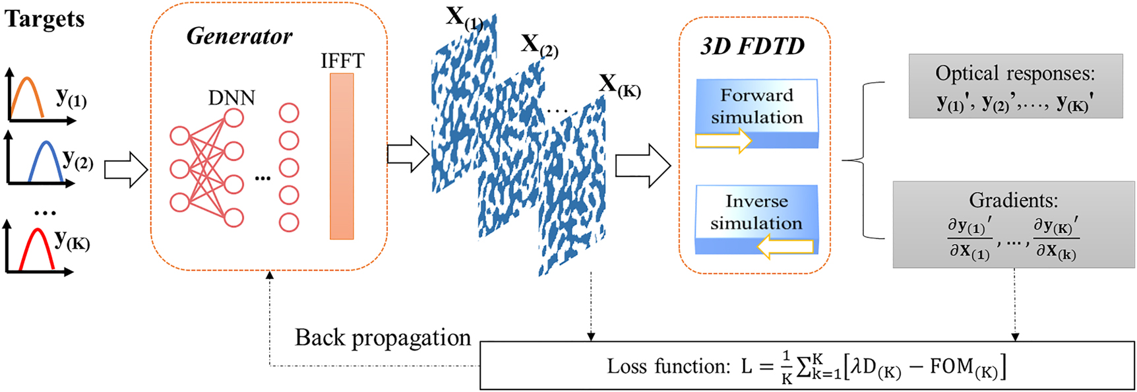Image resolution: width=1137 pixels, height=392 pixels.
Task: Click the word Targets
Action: pos(45,18)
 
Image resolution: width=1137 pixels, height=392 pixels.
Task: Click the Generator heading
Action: pos(239,36)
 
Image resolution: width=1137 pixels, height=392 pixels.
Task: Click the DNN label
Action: pos(231,98)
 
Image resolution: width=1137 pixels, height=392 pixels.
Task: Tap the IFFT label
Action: pos(342,61)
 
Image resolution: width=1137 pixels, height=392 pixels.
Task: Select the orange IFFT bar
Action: pos(342,156)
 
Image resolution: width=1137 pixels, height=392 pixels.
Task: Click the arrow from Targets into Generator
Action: pos(125,170)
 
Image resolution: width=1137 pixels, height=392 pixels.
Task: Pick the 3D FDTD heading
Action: pos(753,46)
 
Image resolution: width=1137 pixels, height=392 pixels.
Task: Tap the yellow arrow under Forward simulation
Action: pos(723,140)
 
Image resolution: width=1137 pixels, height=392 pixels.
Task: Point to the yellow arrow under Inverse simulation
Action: pos(785,247)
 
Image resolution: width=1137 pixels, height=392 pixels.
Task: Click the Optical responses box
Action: pos(1015,86)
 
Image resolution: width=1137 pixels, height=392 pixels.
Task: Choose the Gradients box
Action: pos(1013,225)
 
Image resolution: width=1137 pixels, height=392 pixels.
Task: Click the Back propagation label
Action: pos(383,338)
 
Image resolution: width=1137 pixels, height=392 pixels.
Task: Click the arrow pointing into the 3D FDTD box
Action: pos(642,166)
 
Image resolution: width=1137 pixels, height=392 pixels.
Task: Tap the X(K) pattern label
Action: pos(619,85)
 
